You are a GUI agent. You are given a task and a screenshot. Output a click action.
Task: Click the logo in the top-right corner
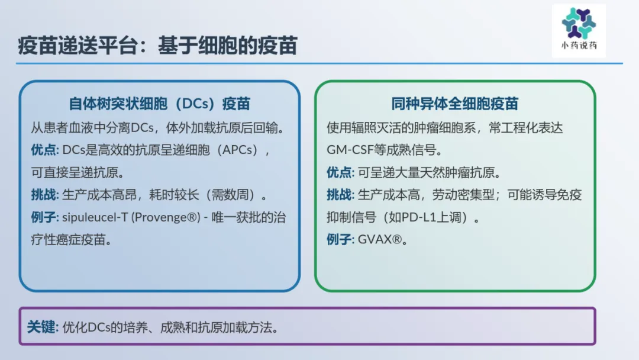tap(579, 31)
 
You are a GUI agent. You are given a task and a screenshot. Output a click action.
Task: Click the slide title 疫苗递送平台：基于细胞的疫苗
tap(158, 45)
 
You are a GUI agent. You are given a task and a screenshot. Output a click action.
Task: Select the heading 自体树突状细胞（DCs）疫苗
tap(159, 104)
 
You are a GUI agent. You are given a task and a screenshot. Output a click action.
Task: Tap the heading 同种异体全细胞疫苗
tap(455, 104)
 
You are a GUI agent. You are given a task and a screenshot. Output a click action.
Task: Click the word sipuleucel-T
tap(95, 217)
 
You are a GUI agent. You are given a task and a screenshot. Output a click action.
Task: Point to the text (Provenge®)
tap(166, 217)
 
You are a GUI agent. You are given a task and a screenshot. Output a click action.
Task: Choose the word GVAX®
tap(380, 239)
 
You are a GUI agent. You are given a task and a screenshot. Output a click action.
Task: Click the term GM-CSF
tap(350, 150)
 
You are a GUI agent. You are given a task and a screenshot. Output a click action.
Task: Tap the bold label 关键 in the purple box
tap(41, 327)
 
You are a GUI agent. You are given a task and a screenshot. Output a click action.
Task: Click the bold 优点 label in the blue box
tap(44, 150)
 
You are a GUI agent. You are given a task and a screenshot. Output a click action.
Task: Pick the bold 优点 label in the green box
tap(339, 172)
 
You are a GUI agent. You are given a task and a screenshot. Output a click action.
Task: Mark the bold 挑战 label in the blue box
tap(44, 195)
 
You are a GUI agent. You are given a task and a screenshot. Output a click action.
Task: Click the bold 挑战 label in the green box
tap(339, 195)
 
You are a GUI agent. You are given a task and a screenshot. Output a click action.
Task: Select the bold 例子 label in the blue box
tap(44, 217)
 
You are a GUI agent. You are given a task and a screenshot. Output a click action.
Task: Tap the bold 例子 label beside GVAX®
tap(339, 239)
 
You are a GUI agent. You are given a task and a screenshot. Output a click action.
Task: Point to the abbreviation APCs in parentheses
tap(240, 150)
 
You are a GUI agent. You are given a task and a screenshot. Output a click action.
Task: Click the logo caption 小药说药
tap(579, 45)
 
